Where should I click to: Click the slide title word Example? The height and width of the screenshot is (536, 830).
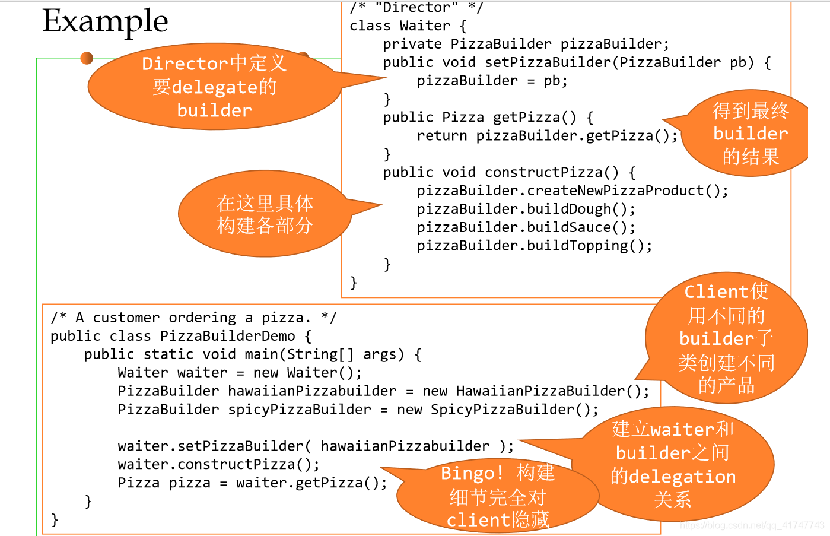[x=105, y=21]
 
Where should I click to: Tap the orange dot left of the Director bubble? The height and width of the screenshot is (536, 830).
[x=87, y=58]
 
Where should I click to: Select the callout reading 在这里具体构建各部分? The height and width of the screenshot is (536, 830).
[x=265, y=214]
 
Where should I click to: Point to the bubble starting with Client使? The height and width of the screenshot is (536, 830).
[x=726, y=338]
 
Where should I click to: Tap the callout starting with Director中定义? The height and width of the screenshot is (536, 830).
[x=214, y=87]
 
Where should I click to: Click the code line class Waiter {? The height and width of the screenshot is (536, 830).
[x=408, y=26]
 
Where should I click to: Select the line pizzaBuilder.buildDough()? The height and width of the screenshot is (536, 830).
[x=526, y=209]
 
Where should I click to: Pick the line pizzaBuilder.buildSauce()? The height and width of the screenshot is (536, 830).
[x=526, y=227]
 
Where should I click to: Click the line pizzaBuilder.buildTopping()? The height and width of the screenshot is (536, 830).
[x=534, y=246]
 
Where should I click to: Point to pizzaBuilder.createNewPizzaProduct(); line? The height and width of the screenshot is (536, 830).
[x=572, y=191]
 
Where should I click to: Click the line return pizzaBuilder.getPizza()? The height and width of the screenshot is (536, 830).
[x=547, y=136]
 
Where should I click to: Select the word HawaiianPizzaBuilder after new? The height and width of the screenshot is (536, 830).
[x=540, y=391]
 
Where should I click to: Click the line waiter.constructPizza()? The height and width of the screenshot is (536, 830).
[x=218, y=464]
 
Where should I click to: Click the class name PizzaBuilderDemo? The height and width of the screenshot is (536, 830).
[x=227, y=336]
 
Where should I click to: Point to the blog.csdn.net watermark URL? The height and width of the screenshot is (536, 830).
[x=752, y=525]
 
